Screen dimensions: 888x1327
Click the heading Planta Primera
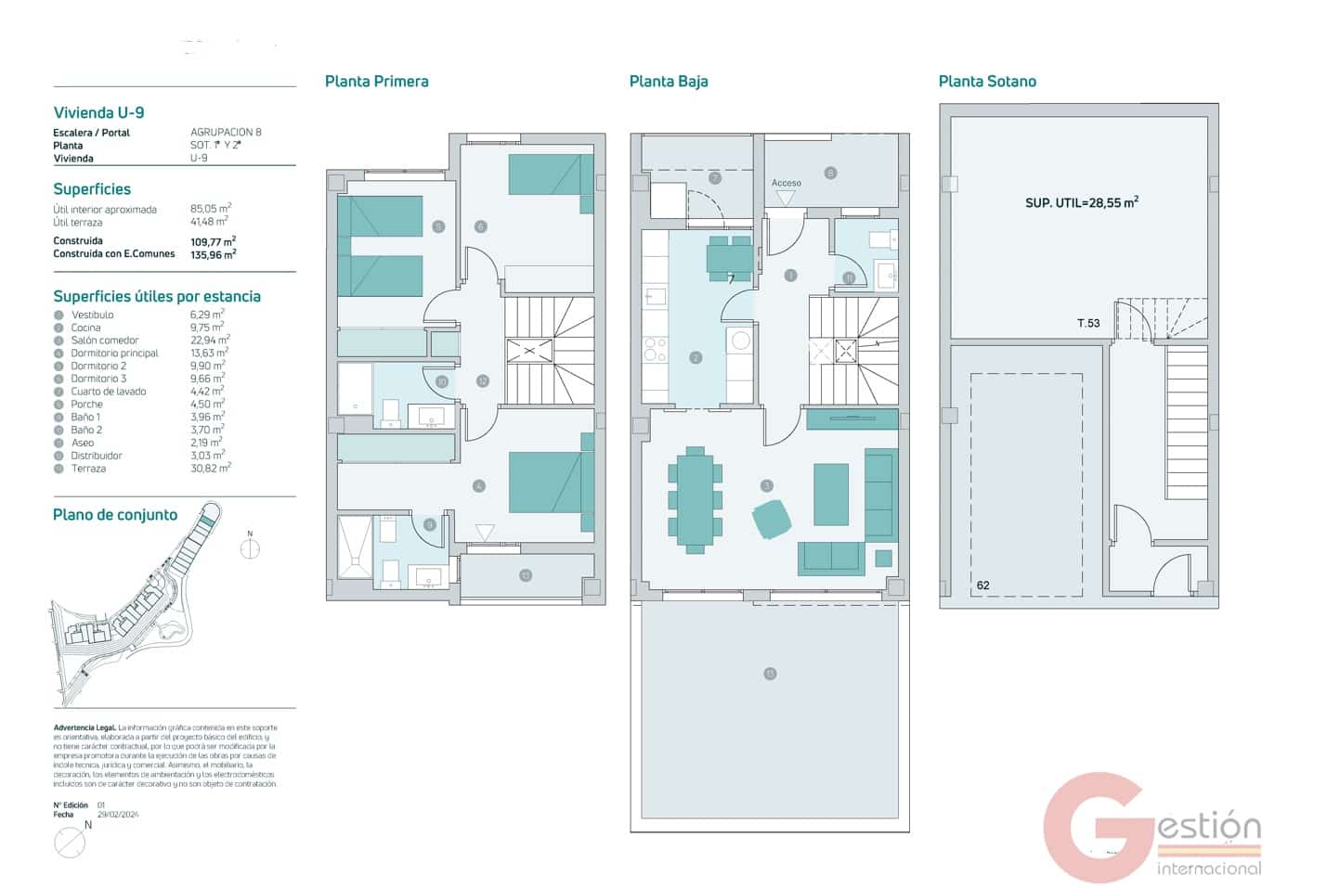[376, 82]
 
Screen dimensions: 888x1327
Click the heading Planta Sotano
[986, 82]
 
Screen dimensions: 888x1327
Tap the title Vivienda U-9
[98, 113]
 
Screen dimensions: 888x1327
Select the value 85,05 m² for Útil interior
[211, 209]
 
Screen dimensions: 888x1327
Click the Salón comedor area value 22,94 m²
[210, 340]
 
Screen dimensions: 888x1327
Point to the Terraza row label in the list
[88, 469]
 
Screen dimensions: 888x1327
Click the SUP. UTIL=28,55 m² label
[1081, 202]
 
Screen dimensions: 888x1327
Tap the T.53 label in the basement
[1087, 323]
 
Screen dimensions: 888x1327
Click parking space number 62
[982, 586]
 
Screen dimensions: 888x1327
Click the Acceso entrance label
[786, 183]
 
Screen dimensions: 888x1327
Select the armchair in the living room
[772, 519]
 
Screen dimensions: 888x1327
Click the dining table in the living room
[695, 499]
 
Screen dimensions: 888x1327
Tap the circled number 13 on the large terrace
[770, 674]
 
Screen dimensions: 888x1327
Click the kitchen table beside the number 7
[729, 257]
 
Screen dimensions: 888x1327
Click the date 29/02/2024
[118, 815]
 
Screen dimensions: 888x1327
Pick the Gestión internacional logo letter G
[1096, 828]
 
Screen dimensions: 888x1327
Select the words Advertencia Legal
[85, 728]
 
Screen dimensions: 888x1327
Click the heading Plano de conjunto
[115, 515]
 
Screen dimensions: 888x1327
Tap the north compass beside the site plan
[250, 548]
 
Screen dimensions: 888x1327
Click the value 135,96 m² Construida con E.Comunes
[213, 253]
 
